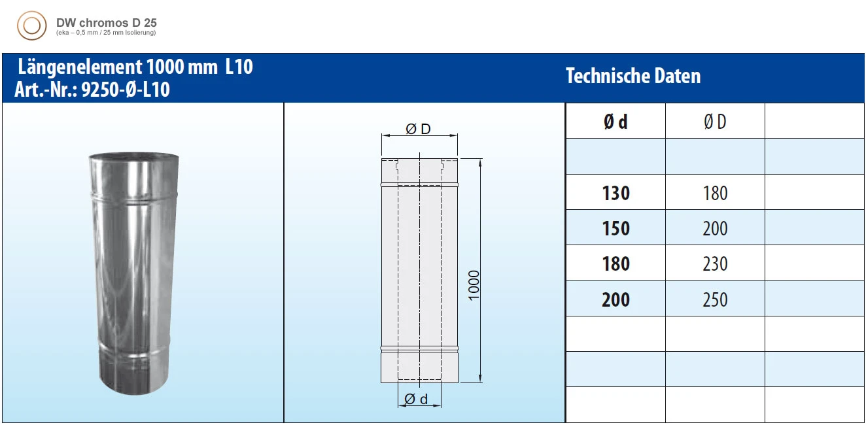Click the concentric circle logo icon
[31, 27]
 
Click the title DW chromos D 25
[107, 22]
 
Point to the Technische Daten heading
[632, 76]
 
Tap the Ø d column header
[615, 122]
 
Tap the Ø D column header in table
[715, 122]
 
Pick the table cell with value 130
[615, 193]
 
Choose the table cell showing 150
[615, 228]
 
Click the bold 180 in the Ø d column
[615, 263]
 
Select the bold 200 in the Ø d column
[615, 299]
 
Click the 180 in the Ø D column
[715, 193]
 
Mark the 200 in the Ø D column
[715, 228]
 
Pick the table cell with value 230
[715, 263]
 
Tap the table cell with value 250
[715, 299]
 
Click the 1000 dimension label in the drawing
[474, 285]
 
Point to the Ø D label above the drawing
[419, 129]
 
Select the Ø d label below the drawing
[416, 399]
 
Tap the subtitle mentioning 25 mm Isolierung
[107, 32]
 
